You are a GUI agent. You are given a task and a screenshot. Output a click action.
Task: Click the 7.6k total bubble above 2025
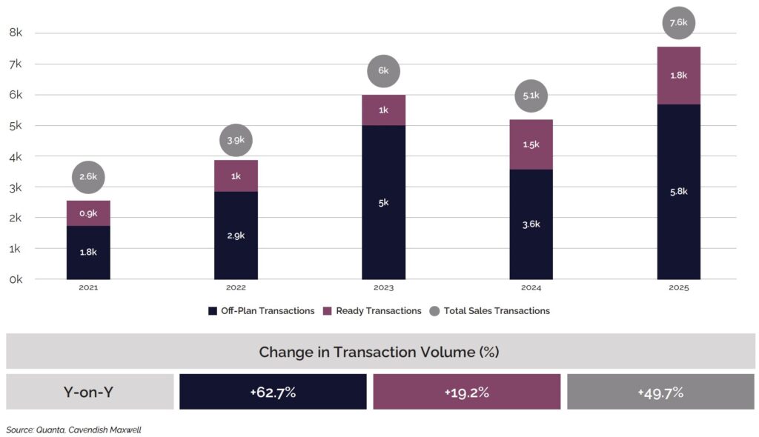coord(678,23)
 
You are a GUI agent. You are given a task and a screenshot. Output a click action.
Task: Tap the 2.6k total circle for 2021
coord(88,177)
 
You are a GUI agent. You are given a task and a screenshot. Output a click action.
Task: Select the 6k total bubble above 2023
coord(383,72)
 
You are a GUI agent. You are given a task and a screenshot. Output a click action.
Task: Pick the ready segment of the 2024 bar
coord(531,144)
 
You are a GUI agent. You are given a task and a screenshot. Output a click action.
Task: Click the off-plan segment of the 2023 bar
coord(383,202)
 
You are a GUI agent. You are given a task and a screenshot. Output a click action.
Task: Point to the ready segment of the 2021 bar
coord(88,213)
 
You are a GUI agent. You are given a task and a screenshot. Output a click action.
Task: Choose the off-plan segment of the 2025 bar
coord(678,192)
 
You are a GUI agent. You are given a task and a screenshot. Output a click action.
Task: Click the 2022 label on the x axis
coord(236,287)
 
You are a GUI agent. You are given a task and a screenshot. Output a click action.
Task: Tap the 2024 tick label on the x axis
coord(531,287)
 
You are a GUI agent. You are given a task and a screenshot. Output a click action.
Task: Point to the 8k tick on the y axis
coord(16,33)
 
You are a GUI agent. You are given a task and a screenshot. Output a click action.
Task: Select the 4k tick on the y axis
coord(16,156)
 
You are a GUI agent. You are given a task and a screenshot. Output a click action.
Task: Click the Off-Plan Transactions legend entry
coord(262,311)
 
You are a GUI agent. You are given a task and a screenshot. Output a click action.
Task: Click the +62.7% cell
coord(273,392)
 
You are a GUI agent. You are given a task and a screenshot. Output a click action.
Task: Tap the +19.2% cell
coord(466,392)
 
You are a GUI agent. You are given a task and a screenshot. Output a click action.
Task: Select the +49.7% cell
coord(660,392)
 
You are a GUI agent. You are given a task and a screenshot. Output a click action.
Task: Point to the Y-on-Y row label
coord(89,392)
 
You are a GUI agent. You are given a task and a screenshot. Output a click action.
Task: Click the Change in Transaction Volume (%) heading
coord(379,352)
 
